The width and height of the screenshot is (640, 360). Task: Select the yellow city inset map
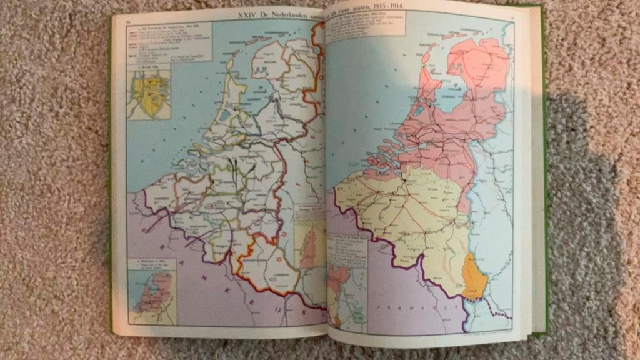point(149,94)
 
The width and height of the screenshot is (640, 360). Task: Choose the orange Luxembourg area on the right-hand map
point(474,277)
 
